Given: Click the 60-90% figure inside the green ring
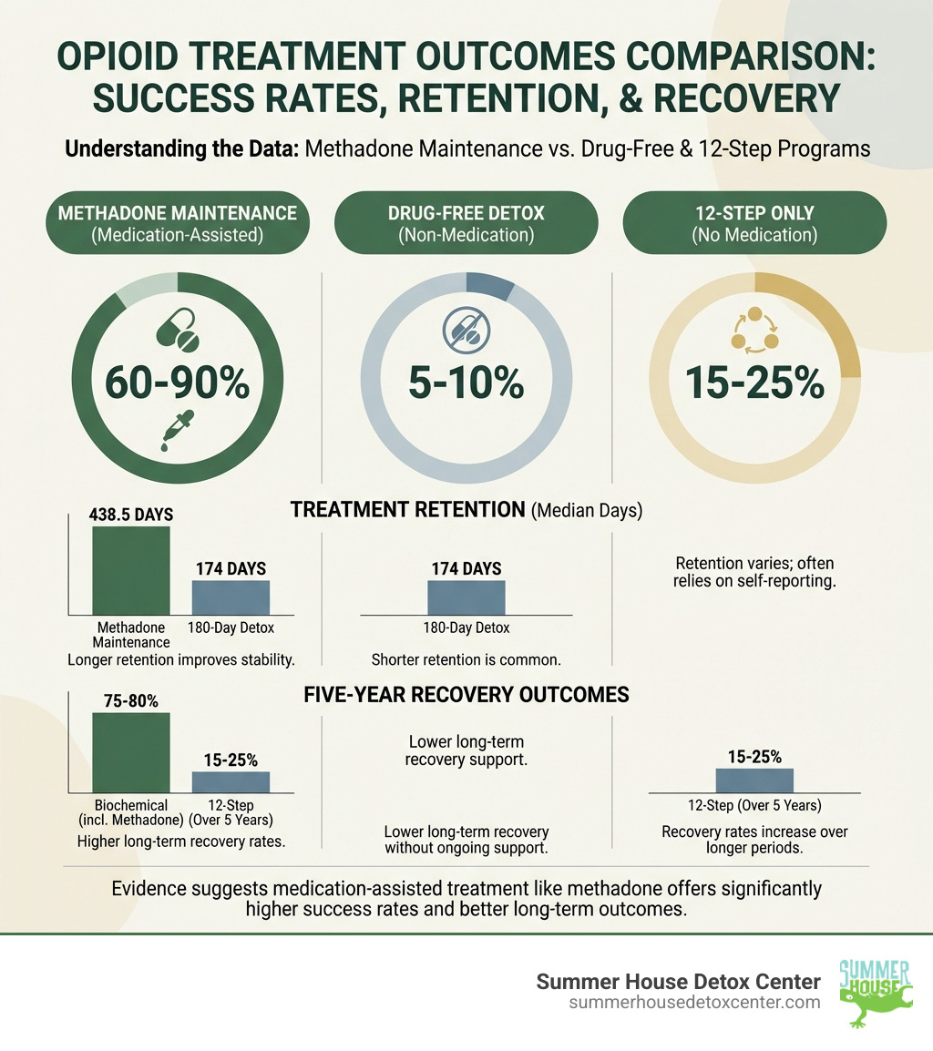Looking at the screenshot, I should click(177, 384).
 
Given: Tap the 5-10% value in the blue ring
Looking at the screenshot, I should click(466, 384).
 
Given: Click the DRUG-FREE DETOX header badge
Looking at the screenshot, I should click(466, 224).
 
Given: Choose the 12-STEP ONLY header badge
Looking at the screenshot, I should click(754, 224).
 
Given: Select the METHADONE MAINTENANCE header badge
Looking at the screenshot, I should click(177, 224).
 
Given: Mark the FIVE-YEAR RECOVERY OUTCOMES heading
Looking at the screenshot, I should click(466, 695).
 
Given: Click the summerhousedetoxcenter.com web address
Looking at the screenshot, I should click(693, 1002).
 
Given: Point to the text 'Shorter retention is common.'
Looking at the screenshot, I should click(466, 658).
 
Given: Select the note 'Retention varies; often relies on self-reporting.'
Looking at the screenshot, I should click(754, 572).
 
